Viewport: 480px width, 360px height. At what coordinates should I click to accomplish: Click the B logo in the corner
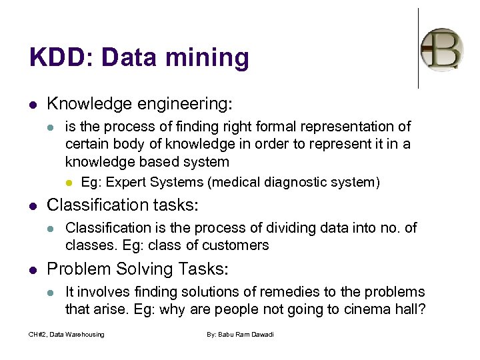441,49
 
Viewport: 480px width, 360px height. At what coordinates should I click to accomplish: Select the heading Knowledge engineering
139,104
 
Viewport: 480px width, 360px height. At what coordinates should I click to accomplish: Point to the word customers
235,245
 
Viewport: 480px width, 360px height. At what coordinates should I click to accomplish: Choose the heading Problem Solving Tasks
137,269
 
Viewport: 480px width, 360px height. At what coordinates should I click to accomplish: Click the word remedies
283,292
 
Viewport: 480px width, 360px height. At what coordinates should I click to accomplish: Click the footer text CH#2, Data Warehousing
66,334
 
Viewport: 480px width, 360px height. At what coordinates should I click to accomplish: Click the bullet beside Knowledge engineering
33,105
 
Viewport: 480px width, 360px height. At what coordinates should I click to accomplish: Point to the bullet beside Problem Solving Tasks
33,269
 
